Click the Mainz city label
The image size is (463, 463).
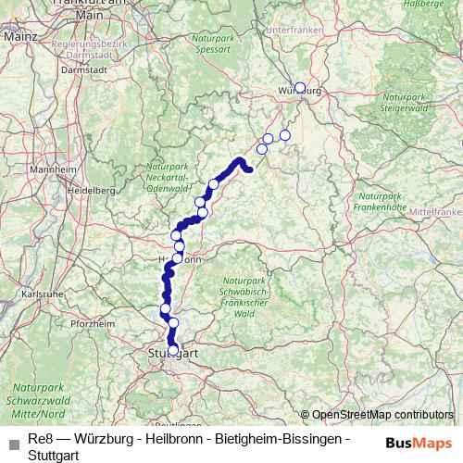pyautogui.click(x=19, y=34)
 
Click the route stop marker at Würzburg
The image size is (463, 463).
pyautogui.click(x=299, y=88)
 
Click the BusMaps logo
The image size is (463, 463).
pyautogui.click(x=419, y=441)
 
